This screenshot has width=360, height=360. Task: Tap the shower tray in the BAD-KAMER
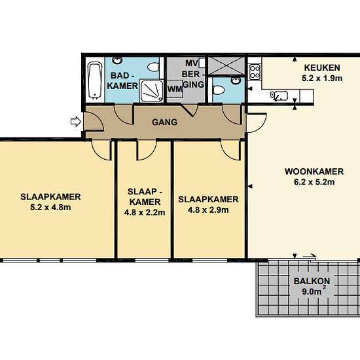(152, 91)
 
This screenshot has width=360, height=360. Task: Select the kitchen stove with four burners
(255, 72)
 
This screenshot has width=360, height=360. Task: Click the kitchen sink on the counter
(279, 96)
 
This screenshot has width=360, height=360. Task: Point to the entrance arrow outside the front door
(76, 122)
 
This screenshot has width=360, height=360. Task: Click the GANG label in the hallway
(164, 122)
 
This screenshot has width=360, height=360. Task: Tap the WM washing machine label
(175, 89)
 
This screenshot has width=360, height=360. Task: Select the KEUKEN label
(322, 67)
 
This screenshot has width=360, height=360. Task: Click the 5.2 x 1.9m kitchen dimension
(322, 79)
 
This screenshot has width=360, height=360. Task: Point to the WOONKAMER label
(314, 171)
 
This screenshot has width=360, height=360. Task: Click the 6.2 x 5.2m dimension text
(314, 182)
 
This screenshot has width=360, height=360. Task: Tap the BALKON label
(312, 281)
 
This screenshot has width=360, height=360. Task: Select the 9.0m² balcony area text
(314, 291)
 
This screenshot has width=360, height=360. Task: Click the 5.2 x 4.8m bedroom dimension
(50, 207)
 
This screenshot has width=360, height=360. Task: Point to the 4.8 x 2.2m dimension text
(145, 213)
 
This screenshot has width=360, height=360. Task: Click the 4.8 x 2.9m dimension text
(208, 210)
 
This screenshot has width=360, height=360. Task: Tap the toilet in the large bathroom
(153, 67)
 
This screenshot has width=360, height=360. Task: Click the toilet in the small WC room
(219, 90)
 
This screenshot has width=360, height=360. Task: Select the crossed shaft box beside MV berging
(226, 65)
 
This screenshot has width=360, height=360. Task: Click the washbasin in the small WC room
(236, 81)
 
